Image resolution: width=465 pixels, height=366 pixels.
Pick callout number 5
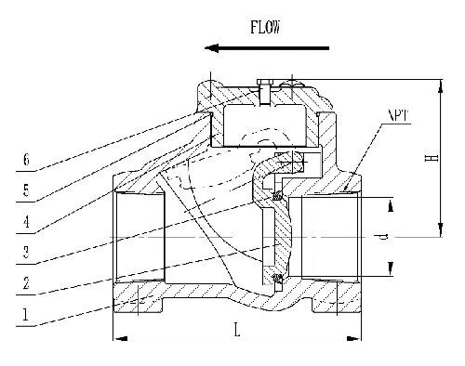28,192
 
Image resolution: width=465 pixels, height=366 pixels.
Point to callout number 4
28,222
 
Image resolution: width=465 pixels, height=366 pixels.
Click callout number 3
28,253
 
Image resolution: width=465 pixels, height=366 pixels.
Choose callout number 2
28,283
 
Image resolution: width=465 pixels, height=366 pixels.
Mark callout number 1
28,314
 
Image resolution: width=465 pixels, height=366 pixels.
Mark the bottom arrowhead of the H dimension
436,233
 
